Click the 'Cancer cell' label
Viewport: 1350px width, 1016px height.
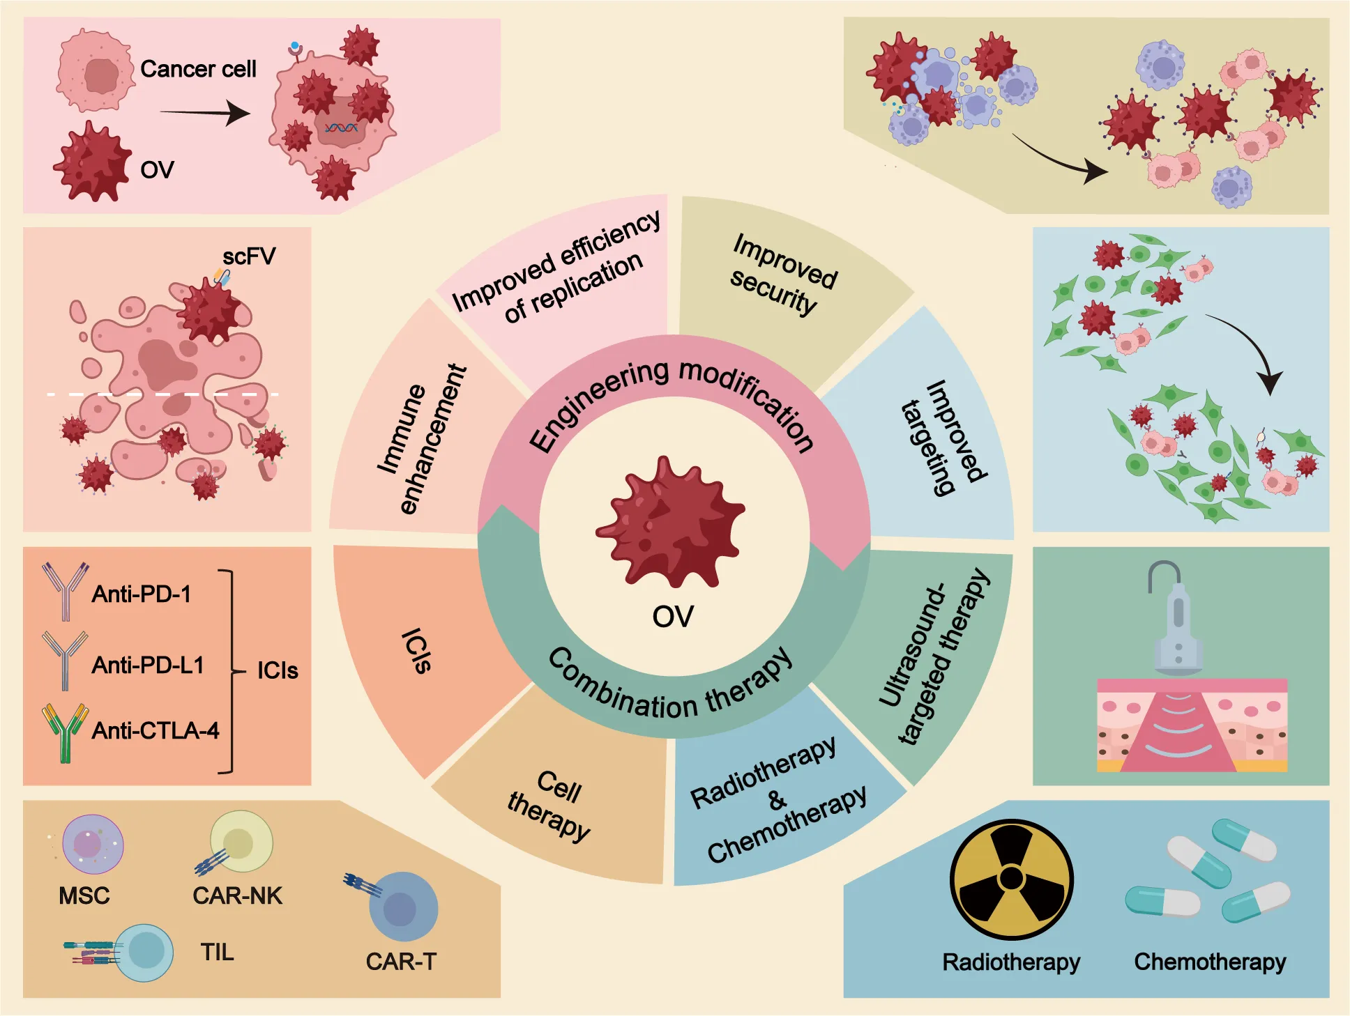click(x=198, y=69)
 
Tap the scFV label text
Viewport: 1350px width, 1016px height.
click(x=249, y=256)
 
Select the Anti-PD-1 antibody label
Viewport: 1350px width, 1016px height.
click(x=141, y=594)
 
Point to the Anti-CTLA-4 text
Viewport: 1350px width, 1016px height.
click(x=156, y=730)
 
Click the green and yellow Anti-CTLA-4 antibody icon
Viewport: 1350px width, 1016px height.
click(x=65, y=732)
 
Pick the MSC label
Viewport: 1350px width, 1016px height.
click(x=84, y=895)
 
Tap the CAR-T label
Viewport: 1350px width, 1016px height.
click(x=401, y=962)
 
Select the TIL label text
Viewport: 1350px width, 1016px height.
click(x=217, y=952)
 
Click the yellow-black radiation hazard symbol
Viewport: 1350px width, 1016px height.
click(x=1011, y=879)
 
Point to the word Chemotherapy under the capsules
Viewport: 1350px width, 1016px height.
click(x=1210, y=962)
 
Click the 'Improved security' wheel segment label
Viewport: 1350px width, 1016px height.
click(x=782, y=274)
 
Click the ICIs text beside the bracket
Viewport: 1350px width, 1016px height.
click(x=278, y=670)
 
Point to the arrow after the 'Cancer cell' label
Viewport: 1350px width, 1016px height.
click(x=205, y=113)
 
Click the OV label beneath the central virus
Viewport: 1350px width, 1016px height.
click(x=672, y=617)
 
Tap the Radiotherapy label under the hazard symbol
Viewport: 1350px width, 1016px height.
click(x=1011, y=962)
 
